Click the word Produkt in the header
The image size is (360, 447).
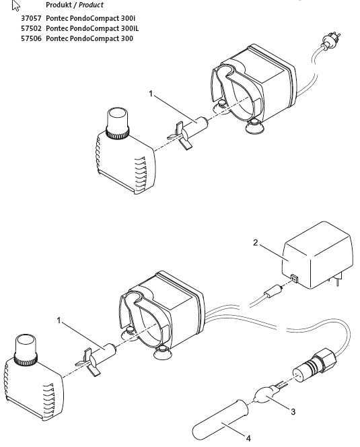(58, 5)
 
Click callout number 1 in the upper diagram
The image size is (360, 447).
(153, 96)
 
